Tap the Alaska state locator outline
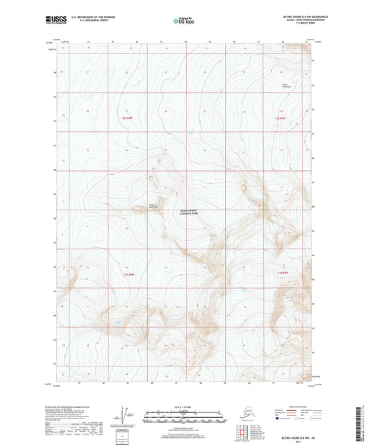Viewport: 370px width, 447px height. tap(248, 416)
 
